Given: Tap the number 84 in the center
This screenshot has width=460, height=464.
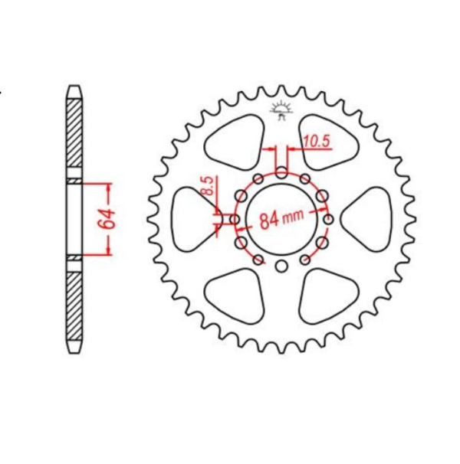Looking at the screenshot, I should (268, 221).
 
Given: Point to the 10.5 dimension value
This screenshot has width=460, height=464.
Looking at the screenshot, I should (315, 140).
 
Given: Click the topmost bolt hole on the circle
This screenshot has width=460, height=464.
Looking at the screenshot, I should (281, 172).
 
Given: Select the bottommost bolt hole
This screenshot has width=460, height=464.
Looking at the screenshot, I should (281, 266).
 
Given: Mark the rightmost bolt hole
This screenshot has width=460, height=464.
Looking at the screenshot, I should (328, 220).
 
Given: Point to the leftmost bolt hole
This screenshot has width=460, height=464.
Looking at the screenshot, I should (235, 220).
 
